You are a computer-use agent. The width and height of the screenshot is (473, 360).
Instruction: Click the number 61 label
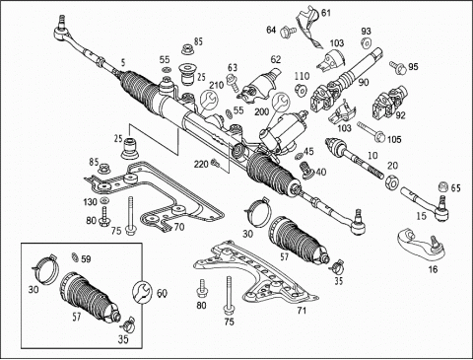click(x=325, y=13)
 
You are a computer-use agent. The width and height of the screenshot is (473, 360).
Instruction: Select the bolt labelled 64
click(x=288, y=32)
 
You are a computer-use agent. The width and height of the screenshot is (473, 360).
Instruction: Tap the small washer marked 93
click(x=366, y=42)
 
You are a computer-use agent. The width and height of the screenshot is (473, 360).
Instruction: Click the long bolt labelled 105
click(x=371, y=131)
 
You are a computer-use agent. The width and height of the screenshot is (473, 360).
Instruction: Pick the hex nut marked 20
click(x=391, y=182)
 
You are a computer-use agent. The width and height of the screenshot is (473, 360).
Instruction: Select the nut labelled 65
click(x=443, y=187)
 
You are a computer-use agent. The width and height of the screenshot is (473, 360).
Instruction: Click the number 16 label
click(x=434, y=269)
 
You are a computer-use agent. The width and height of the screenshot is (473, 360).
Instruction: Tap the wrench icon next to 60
click(x=142, y=292)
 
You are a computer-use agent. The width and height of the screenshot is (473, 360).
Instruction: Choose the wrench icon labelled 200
click(x=281, y=102)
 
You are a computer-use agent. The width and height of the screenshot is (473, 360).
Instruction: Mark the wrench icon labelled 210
click(x=208, y=99)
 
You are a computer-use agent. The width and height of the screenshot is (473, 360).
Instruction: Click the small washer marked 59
click(x=75, y=256)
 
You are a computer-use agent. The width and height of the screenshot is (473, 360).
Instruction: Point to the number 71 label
click(x=302, y=310)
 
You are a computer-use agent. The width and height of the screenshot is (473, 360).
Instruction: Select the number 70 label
click(x=179, y=227)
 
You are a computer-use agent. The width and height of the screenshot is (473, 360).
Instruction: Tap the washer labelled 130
click(x=104, y=200)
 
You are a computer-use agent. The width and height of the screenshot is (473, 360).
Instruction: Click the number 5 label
click(x=123, y=62)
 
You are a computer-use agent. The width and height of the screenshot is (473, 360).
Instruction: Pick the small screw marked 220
click(x=216, y=162)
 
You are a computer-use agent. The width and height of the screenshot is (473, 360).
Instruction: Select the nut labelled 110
click(x=301, y=89)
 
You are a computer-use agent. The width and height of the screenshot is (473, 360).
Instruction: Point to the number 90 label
click(x=364, y=82)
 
